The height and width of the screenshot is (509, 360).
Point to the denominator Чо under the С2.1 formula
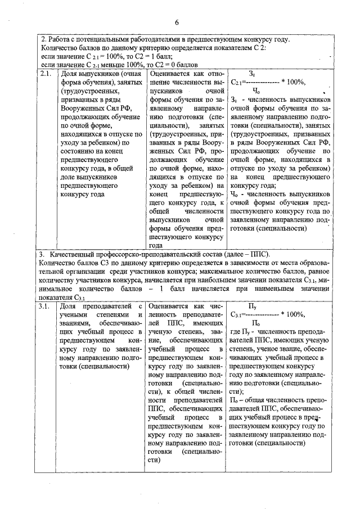255,90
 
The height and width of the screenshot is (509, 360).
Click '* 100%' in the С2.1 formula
294,82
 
